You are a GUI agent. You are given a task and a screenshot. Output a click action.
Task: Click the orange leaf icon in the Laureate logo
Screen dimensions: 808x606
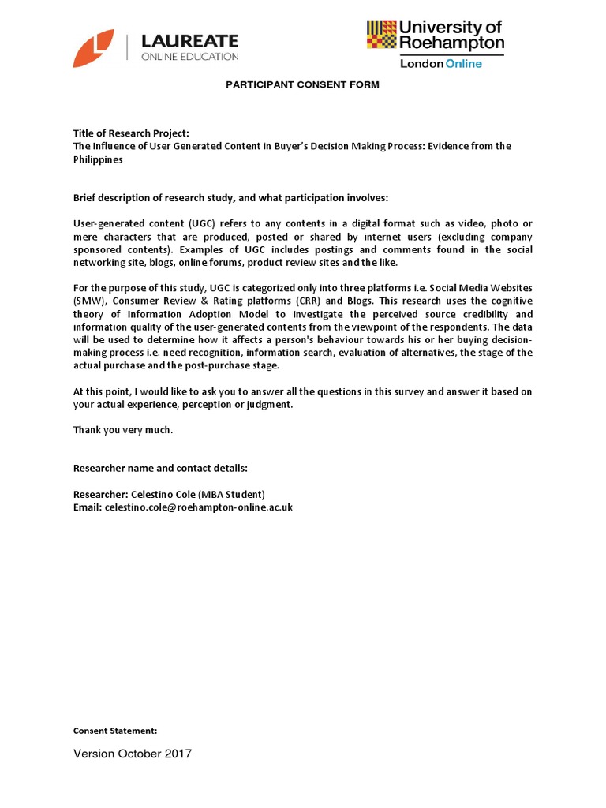coord(93,48)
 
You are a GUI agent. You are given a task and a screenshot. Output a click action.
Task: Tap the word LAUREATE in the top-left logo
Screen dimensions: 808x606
coord(189,41)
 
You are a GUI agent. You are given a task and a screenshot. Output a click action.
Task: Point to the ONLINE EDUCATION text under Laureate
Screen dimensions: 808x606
coord(189,57)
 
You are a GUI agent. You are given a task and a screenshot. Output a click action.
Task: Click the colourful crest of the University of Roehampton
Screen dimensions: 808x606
coord(382,35)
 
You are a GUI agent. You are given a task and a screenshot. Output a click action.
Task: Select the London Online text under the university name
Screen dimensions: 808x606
coord(440,63)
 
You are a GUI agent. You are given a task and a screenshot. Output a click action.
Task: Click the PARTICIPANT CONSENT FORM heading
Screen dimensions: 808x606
coord(303,84)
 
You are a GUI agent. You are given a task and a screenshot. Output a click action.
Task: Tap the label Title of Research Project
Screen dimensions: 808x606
coord(131,133)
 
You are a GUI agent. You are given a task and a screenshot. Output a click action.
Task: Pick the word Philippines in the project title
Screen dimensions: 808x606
coord(99,159)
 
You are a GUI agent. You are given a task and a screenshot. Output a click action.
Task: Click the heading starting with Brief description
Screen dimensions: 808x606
coord(230,197)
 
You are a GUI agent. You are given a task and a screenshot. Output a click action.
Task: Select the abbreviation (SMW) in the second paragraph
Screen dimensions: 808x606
coord(87,301)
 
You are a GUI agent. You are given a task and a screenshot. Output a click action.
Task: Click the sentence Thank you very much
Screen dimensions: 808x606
coord(122,429)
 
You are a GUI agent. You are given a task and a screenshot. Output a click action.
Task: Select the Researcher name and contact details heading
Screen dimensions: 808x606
coord(160,468)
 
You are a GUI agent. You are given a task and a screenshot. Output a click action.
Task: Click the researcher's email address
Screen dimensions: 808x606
coord(198,507)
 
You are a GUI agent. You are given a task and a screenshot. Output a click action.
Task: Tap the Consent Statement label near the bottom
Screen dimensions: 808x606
coord(115,731)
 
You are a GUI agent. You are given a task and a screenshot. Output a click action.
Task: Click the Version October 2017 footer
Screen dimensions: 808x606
coord(133,754)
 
